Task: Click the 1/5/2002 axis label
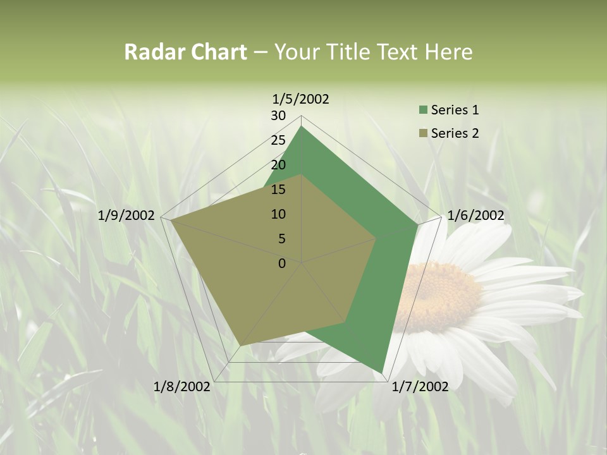pyautogui.click(x=300, y=99)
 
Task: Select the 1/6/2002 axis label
pyautogui.click(x=475, y=215)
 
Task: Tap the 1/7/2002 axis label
pyautogui.click(x=420, y=387)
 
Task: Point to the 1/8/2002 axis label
pyautogui.click(x=181, y=387)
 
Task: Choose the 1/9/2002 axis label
pyautogui.click(x=126, y=215)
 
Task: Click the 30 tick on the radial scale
pyautogui.click(x=278, y=116)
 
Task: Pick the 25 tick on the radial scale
pyautogui.click(x=278, y=140)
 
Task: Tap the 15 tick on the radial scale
pyautogui.click(x=278, y=190)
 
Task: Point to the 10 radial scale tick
pyautogui.click(x=278, y=214)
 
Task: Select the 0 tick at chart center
pyautogui.click(x=282, y=264)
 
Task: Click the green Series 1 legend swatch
pyautogui.click(x=423, y=111)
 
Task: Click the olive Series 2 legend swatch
pyautogui.click(x=423, y=133)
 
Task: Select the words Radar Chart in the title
pyautogui.click(x=185, y=52)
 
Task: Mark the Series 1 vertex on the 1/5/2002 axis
pyautogui.click(x=302, y=126)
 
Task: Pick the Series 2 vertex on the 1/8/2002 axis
pyautogui.click(x=240, y=346)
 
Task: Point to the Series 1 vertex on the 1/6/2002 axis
pyautogui.click(x=417, y=224)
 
